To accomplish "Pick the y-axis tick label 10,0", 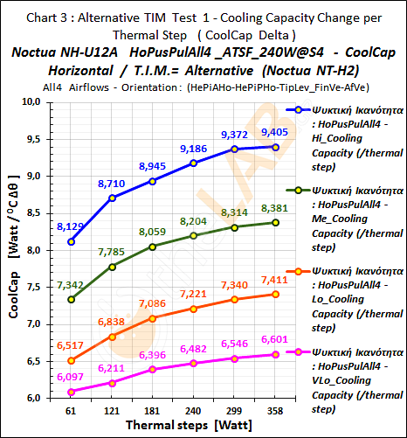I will click(41, 101).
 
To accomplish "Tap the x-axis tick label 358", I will click(274, 410).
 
